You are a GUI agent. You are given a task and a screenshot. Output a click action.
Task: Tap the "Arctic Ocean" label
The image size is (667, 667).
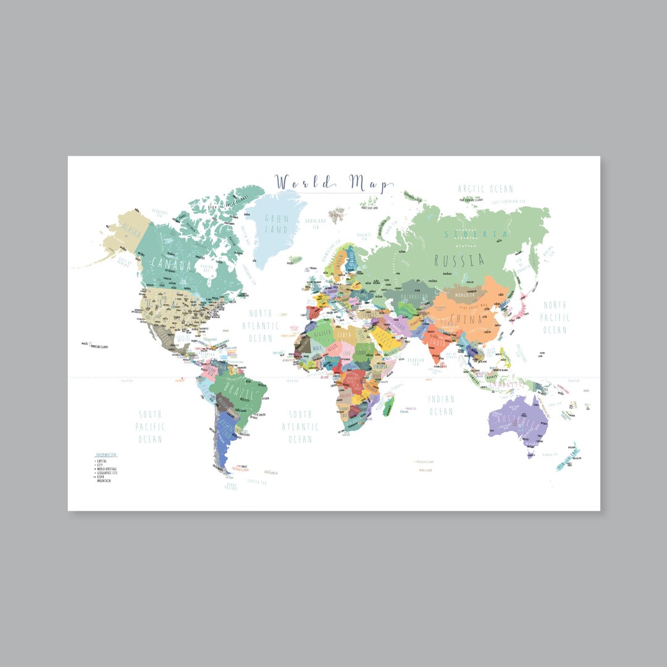[x=485, y=189]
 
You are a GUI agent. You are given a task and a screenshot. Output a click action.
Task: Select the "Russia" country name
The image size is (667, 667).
[x=459, y=260]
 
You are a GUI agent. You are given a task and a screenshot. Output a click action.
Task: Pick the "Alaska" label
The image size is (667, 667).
[x=131, y=229]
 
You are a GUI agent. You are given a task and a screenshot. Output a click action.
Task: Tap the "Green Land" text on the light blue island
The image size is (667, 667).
[x=276, y=224]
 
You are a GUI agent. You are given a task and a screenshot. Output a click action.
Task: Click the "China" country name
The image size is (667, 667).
[x=466, y=319]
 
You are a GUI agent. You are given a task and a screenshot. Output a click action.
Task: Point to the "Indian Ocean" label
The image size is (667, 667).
[x=441, y=405]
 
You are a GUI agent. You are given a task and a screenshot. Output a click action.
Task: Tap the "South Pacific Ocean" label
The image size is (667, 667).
[x=150, y=427]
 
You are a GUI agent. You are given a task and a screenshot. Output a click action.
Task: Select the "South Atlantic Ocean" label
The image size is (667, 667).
[x=300, y=427]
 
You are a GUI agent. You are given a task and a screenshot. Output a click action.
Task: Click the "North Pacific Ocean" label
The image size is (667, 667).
[x=555, y=317]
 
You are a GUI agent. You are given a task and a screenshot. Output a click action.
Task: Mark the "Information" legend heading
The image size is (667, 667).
[x=106, y=455]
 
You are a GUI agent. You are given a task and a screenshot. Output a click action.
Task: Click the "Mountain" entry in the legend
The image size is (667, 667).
[x=104, y=481]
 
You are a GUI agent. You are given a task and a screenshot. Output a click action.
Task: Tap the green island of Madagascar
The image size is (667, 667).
[x=388, y=406]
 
